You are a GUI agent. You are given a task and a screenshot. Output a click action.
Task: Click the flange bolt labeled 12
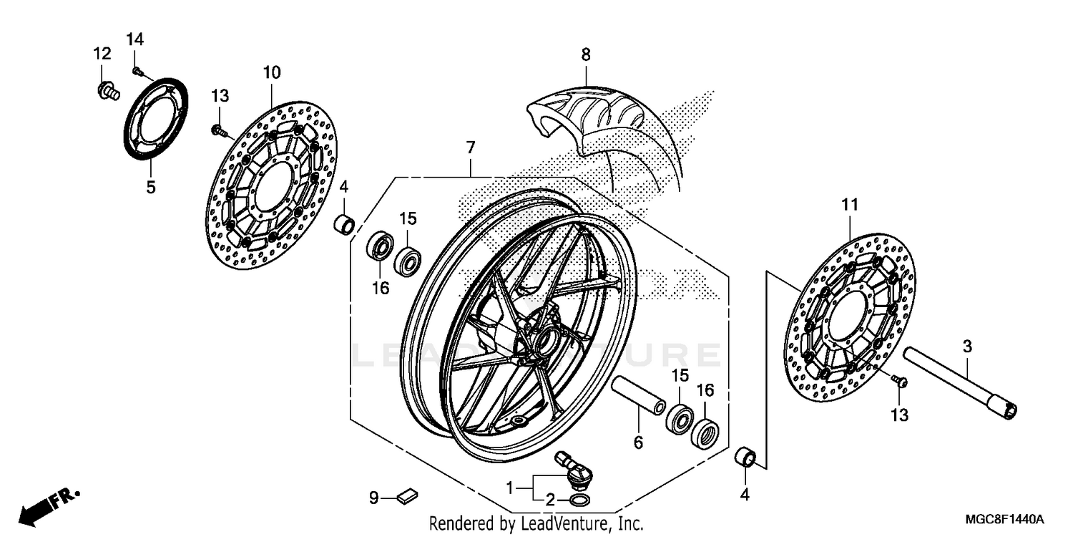[107, 91]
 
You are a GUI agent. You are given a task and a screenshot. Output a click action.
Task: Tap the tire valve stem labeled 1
[573, 465]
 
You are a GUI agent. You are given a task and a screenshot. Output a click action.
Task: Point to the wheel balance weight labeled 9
[408, 494]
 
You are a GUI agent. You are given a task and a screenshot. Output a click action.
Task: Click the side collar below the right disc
[746, 457]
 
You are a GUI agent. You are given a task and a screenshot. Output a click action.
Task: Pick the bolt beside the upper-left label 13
[218, 131]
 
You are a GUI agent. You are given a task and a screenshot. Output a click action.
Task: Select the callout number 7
[470, 149]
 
